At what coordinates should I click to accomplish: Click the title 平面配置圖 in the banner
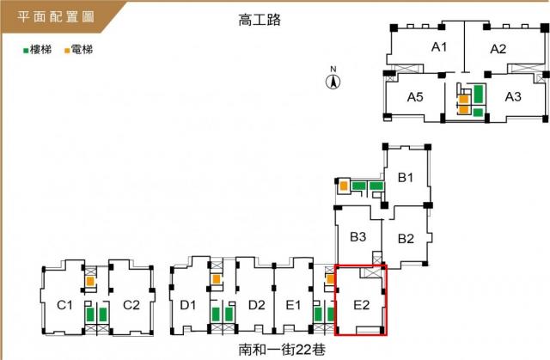click(x=56, y=16)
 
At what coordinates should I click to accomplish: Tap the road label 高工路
click(x=260, y=20)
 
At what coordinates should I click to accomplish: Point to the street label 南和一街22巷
click(x=282, y=349)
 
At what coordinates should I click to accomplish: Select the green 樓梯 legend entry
click(x=37, y=50)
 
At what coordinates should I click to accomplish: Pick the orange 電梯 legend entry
click(x=78, y=50)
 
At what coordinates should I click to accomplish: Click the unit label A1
click(x=439, y=47)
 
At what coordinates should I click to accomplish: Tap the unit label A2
click(x=498, y=49)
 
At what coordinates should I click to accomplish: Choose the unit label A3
click(x=513, y=96)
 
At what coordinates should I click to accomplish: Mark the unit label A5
click(x=415, y=97)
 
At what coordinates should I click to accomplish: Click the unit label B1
click(x=405, y=178)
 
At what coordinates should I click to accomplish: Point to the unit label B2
click(x=406, y=239)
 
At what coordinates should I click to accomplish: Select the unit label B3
click(x=358, y=237)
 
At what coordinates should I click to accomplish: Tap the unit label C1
click(x=64, y=305)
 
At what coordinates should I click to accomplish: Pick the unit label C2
click(x=131, y=305)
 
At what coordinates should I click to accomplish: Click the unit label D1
click(x=187, y=305)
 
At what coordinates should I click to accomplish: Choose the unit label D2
click(x=256, y=305)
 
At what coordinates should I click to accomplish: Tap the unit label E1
click(x=293, y=305)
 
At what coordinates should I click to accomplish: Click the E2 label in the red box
click(x=361, y=305)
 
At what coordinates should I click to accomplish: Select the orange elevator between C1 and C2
click(x=90, y=281)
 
